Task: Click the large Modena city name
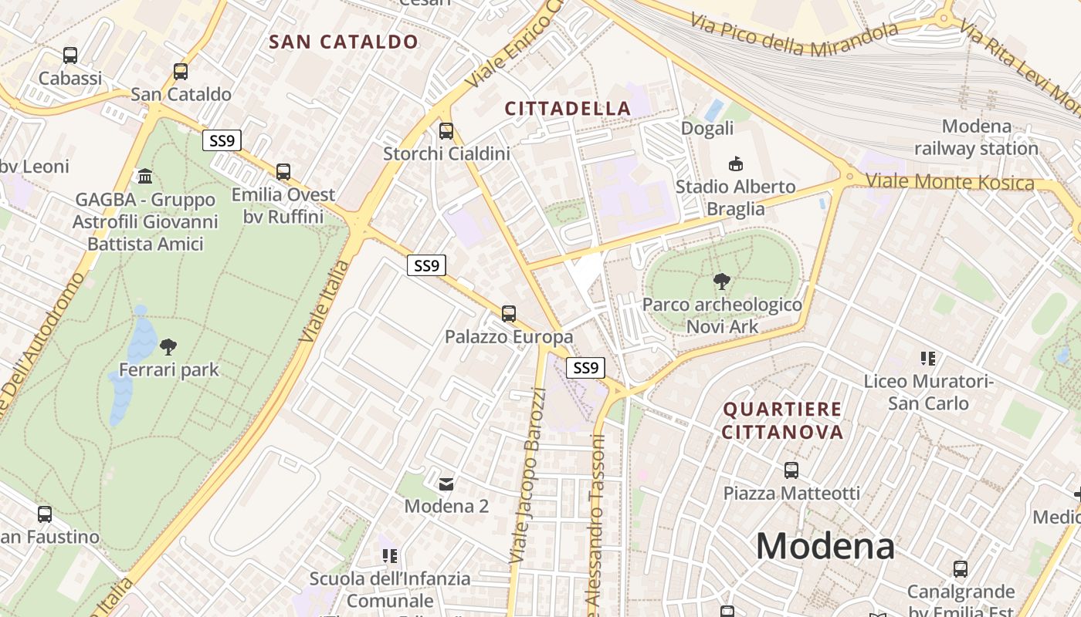click(x=825, y=547)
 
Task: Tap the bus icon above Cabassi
click(x=70, y=56)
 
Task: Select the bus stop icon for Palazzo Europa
click(x=508, y=313)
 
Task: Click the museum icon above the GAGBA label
click(x=144, y=177)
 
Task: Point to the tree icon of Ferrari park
click(x=168, y=347)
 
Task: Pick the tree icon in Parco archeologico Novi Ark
click(x=722, y=282)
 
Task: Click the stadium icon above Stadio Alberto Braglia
click(x=735, y=164)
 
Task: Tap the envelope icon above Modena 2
click(x=446, y=484)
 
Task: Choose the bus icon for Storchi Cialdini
click(x=446, y=131)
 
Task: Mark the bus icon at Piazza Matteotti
click(x=791, y=470)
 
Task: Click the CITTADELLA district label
click(x=568, y=109)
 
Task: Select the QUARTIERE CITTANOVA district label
click(x=782, y=420)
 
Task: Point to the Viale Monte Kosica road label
click(x=949, y=183)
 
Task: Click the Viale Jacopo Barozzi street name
click(x=527, y=486)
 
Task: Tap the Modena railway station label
click(x=976, y=137)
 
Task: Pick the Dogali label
click(x=707, y=128)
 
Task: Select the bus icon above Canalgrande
click(x=961, y=569)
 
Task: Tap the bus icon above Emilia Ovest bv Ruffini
click(x=283, y=172)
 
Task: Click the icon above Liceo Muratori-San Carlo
click(x=928, y=358)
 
